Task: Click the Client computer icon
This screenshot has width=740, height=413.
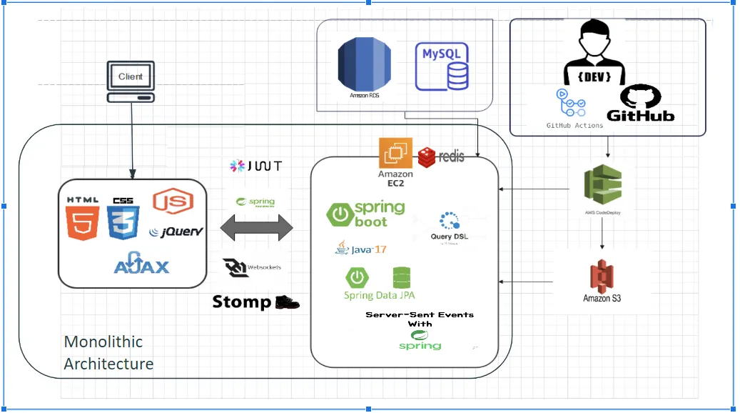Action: pyautogui.click(x=131, y=81)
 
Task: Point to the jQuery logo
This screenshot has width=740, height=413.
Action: pyautogui.click(x=176, y=232)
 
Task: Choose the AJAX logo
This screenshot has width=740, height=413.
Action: pyautogui.click(x=142, y=264)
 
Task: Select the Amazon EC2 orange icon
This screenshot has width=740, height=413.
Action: pyautogui.click(x=395, y=153)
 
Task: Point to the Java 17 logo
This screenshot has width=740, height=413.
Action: pyautogui.click(x=360, y=249)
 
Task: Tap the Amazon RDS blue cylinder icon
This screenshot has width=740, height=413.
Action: pyautogui.click(x=365, y=66)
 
